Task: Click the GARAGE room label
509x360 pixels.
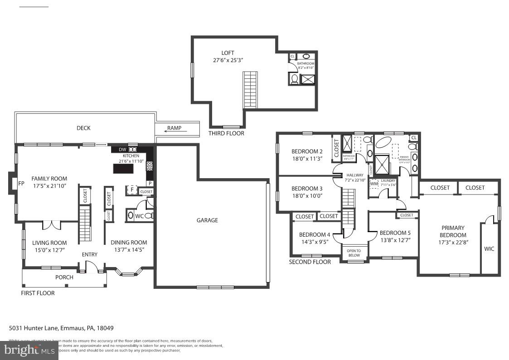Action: pyautogui.click(x=207, y=220)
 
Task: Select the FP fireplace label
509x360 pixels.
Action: pyautogui.click(x=21, y=184)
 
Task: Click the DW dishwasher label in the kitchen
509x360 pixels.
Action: pyautogui.click(x=122, y=150)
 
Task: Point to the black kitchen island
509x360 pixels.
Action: pyautogui.click(x=124, y=169)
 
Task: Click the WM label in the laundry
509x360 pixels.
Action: pyautogui.click(x=374, y=184)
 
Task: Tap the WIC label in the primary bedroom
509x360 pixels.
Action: pyautogui.click(x=489, y=249)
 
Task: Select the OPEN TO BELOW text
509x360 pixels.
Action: pyautogui.click(x=354, y=253)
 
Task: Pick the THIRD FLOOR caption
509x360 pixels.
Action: pyautogui.click(x=226, y=133)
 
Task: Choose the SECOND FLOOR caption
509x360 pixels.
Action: pyautogui.click(x=310, y=262)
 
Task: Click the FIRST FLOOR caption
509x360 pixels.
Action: pyautogui.click(x=38, y=293)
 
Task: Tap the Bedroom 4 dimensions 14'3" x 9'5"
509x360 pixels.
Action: pyautogui.click(x=315, y=242)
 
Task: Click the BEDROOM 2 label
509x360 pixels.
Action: pyautogui.click(x=307, y=151)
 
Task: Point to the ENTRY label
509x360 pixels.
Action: pyautogui.click(x=90, y=254)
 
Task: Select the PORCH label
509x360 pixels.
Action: pyautogui.click(x=64, y=277)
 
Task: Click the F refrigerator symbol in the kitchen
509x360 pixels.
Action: pyautogui.click(x=132, y=190)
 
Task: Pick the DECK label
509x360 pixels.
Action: pyautogui.click(x=83, y=128)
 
